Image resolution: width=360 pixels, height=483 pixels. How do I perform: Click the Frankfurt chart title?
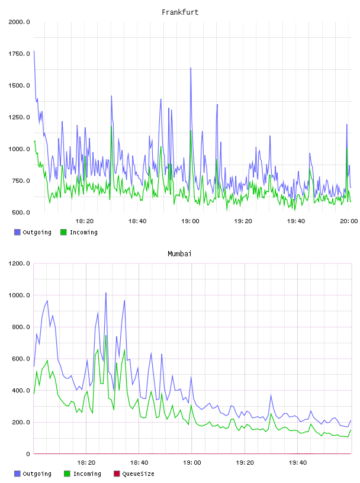(180, 12)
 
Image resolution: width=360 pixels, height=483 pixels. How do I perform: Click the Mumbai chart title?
(179, 254)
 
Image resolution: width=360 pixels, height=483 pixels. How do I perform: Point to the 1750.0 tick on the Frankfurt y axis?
(19, 54)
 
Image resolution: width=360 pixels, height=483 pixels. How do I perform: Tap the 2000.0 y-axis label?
(19, 22)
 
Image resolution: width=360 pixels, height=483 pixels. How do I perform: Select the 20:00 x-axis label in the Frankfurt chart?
(349, 221)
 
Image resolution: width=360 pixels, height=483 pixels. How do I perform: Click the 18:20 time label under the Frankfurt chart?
(85, 221)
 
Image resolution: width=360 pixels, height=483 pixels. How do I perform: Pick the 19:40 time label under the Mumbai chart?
(298, 463)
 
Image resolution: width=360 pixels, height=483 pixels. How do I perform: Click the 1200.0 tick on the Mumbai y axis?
(19, 263)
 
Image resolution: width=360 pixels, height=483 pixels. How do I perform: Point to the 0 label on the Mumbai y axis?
(28, 454)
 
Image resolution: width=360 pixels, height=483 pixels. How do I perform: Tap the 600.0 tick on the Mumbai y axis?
(21, 359)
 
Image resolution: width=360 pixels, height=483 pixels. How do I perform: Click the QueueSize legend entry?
(138, 474)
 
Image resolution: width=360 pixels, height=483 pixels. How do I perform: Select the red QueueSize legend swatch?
(117, 474)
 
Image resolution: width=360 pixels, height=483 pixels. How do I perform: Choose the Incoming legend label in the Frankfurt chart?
(83, 232)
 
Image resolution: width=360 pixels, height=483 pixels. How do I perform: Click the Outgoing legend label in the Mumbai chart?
(37, 474)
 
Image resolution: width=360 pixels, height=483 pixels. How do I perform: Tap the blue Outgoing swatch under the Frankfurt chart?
(17, 232)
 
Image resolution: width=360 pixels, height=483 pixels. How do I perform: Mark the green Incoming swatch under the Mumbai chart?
(67, 474)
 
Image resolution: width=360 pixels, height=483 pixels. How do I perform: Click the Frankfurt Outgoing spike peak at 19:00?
(191, 67)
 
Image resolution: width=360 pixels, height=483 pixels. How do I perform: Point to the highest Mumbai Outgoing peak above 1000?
(106, 292)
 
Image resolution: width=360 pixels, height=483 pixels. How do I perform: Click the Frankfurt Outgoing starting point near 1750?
(34, 51)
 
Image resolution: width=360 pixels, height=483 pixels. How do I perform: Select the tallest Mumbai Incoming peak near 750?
(106, 335)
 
